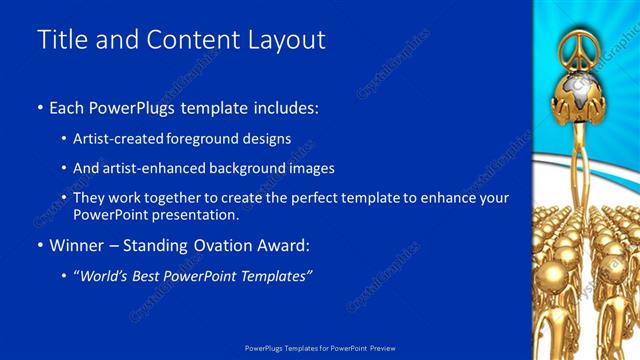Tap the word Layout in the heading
[291, 40]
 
